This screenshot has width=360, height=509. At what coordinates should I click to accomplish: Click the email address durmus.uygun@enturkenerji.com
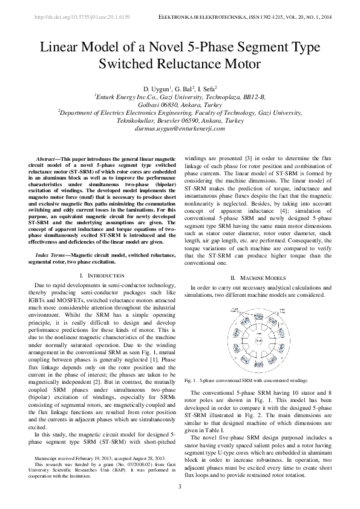180,128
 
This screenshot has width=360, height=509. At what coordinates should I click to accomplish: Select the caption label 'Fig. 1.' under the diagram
191,381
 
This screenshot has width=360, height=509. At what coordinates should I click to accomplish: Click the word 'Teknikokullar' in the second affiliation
138,120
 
